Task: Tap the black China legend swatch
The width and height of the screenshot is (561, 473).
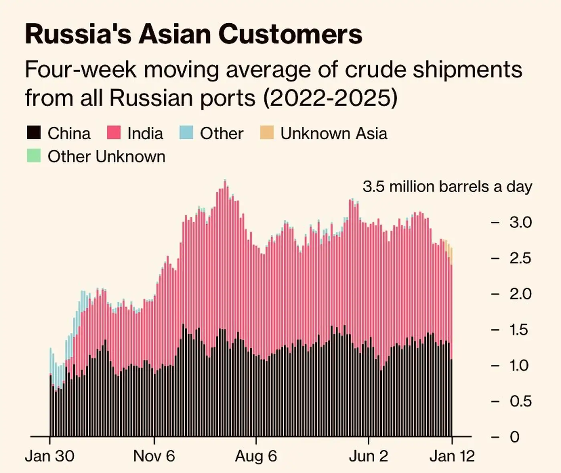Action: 34,133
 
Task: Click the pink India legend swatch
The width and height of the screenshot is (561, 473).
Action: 114,133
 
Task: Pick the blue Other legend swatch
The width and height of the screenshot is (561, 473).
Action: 186,133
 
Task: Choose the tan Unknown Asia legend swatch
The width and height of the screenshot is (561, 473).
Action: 267,133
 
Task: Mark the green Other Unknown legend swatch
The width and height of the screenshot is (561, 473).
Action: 34,156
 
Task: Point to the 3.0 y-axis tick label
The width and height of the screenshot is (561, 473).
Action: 520,222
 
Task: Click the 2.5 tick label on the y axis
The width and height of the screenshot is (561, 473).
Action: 520,258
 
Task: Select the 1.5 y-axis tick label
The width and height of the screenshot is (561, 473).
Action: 520,330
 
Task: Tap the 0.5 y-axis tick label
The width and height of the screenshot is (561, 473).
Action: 520,401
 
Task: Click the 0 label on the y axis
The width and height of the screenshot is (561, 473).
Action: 515,437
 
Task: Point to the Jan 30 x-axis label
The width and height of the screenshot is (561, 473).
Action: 50,456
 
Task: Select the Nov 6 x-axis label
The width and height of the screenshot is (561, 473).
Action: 154,456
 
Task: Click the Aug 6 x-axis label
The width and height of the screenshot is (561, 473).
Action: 256,456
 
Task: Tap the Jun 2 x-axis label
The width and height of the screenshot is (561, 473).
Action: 368,456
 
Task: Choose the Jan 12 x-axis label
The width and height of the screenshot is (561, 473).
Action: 452,456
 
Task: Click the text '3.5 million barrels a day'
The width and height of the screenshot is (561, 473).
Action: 447,187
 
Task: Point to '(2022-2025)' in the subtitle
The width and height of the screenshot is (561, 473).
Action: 330,97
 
